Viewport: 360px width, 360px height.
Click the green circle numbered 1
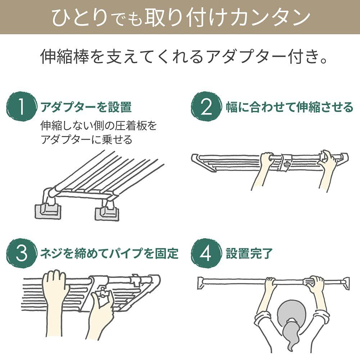[21, 107]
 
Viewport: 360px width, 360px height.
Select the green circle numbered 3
[21, 253]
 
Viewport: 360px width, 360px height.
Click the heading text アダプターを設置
[86, 107]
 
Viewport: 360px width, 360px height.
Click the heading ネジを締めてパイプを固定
[109, 253]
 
